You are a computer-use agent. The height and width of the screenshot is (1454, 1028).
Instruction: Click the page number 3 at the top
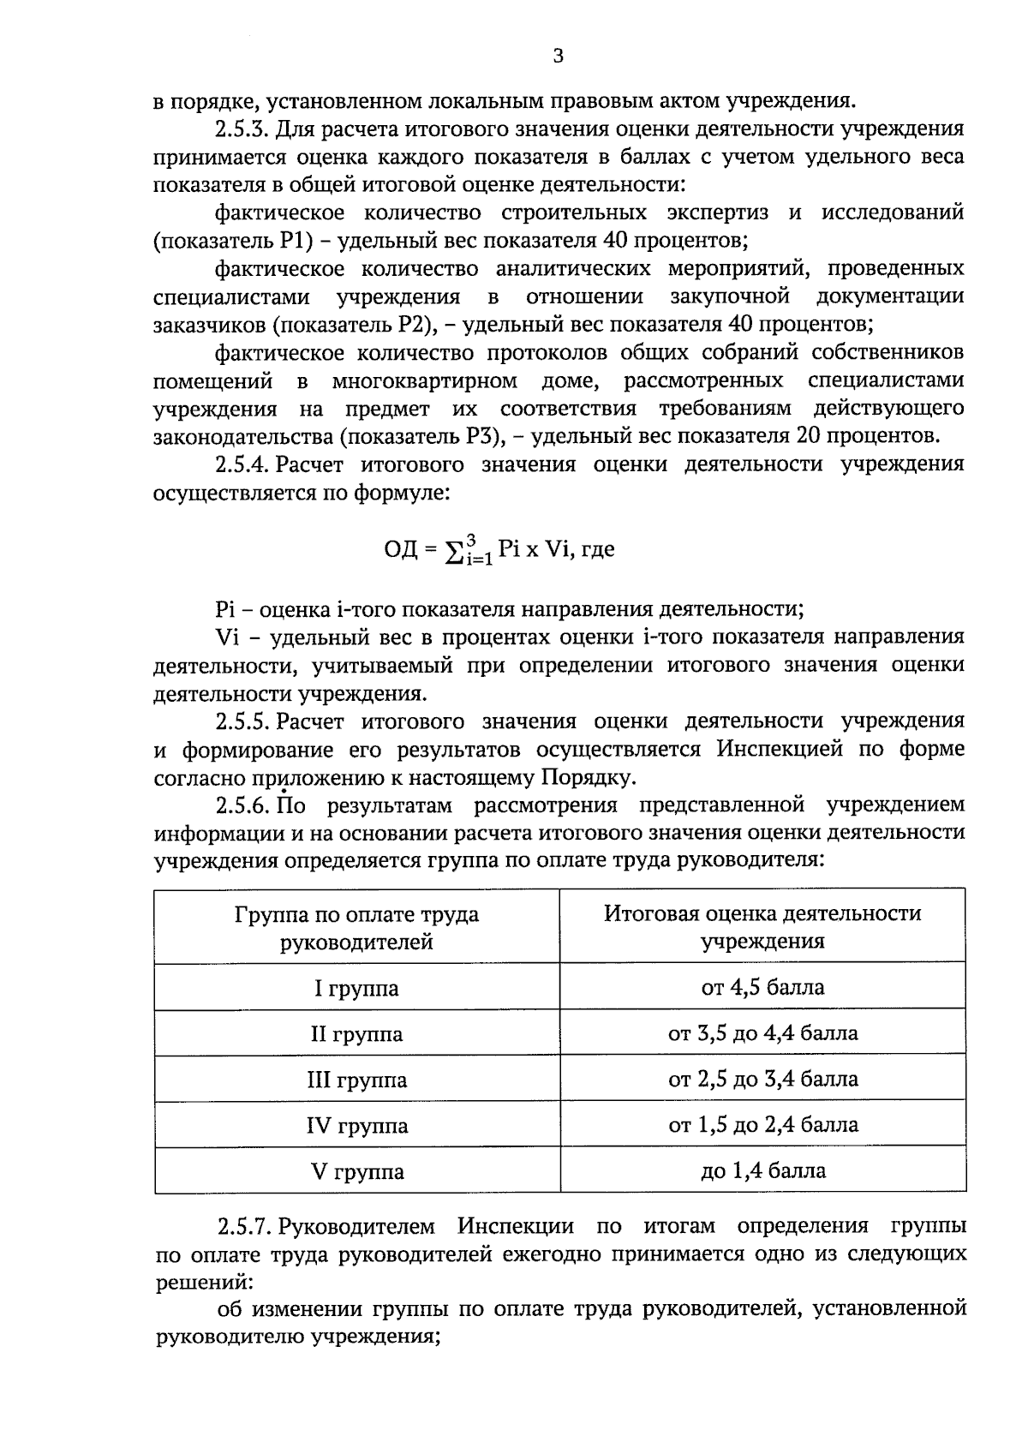coord(558,57)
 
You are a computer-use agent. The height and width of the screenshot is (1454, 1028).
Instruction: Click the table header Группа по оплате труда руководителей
coord(356,928)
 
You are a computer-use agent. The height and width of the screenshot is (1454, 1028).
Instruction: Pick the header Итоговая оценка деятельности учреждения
coord(762,927)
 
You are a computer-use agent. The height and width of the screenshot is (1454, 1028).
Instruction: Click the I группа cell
coord(356,989)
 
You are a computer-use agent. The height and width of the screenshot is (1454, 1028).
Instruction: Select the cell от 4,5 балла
coord(762,988)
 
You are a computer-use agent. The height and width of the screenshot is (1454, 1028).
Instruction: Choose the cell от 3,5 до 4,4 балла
coord(762,1033)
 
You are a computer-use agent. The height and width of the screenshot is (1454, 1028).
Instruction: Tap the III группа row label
coord(356,1080)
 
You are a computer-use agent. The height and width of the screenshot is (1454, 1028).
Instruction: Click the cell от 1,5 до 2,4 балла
coord(762,1124)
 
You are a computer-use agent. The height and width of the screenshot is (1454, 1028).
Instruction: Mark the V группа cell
coord(356,1171)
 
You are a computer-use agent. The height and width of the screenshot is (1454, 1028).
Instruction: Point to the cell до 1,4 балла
coord(762,1170)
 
